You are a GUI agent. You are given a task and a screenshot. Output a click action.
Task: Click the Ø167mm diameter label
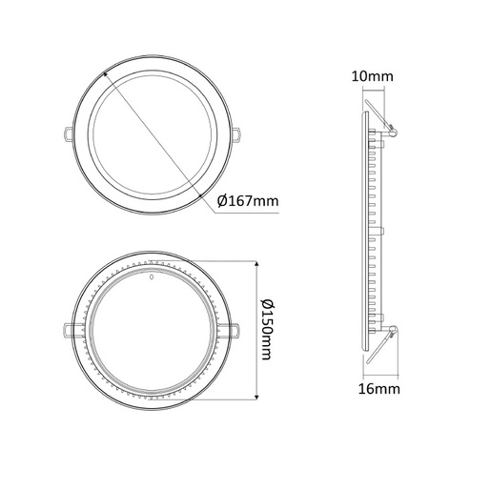click(248, 200)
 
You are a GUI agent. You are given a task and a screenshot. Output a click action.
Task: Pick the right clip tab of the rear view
click(235, 328)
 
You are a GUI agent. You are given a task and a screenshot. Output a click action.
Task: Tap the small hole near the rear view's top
click(153, 278)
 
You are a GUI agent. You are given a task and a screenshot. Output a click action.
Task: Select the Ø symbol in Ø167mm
click(222, 200)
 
